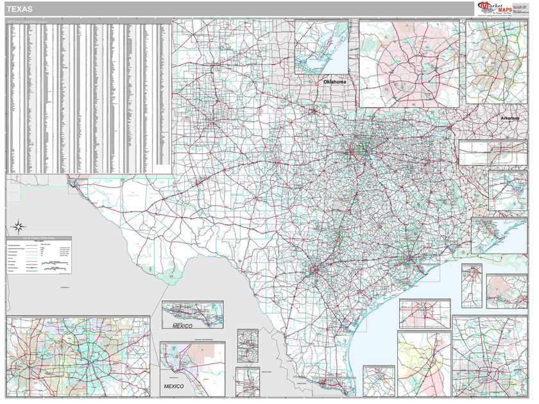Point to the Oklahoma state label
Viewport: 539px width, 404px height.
click(334, 82)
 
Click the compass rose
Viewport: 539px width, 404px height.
click(18, 226)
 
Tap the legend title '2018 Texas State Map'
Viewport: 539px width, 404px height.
click(38, 239)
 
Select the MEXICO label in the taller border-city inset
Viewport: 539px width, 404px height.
click(173, 387)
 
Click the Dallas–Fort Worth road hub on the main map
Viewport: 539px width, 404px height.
click(357, 152)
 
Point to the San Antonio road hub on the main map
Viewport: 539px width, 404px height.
click(314, 269)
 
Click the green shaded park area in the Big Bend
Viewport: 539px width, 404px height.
click(169, 276)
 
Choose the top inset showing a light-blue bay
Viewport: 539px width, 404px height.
click(321, 47)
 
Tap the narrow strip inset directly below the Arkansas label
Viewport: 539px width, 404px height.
click(492, 153)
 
